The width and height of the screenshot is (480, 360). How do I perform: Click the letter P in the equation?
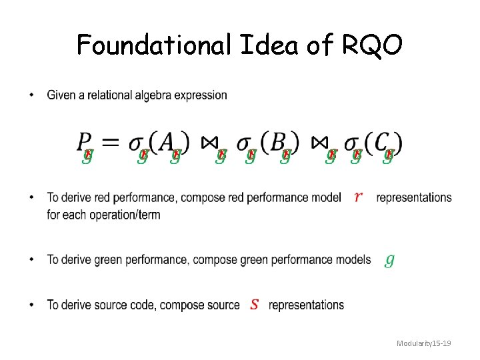point(85,142)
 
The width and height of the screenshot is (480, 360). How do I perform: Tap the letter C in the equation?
point(378,142)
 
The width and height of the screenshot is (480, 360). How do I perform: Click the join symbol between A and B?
point(209,143)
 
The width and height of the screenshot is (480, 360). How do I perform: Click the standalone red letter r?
point(359,197)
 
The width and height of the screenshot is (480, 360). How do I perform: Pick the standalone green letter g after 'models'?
point(389,260)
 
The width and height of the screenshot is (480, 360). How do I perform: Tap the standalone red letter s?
point(254,305)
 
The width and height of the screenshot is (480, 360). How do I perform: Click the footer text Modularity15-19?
point(424,343)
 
